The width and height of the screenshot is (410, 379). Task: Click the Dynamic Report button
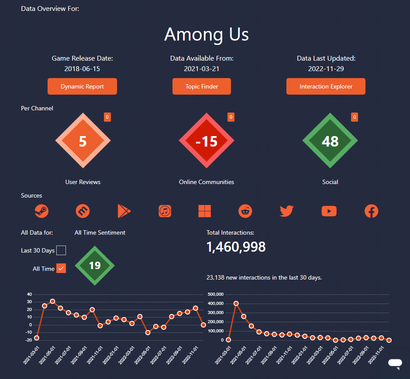click(x=82, y=86)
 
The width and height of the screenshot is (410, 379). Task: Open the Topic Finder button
click(x=202, y=86)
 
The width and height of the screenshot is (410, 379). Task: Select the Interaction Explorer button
click(x=326, y=86)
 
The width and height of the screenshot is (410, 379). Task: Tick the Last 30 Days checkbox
click(x=61, y=250)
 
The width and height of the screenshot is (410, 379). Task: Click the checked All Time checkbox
click(x=61, y=268)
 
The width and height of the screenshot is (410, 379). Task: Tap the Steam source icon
click(x=41, y=211)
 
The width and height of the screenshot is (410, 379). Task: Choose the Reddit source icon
click(x=245, y=211)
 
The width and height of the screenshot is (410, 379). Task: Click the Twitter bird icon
click(x=286, y=211)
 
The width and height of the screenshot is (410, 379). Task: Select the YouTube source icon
click(x=329, y=211)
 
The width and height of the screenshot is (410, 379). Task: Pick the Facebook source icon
click(x=371, y=211)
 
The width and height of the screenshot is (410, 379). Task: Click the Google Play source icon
click(x=124, y=211)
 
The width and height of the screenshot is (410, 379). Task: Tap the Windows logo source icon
click(x=204, y=211)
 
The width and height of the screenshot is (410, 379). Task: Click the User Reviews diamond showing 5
click(x=83, y=140)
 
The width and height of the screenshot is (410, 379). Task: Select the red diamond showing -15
click(x=207, y=140)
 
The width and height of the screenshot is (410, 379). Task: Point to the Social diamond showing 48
click(x=330, y=140)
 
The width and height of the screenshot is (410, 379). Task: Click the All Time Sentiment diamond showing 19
click(x=95, y=266)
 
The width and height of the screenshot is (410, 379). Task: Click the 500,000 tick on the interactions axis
click(x=215, y=294)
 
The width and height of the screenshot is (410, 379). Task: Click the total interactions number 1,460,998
click(x=236, y=247)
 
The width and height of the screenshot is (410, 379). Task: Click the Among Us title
click(x=206, y=34)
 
